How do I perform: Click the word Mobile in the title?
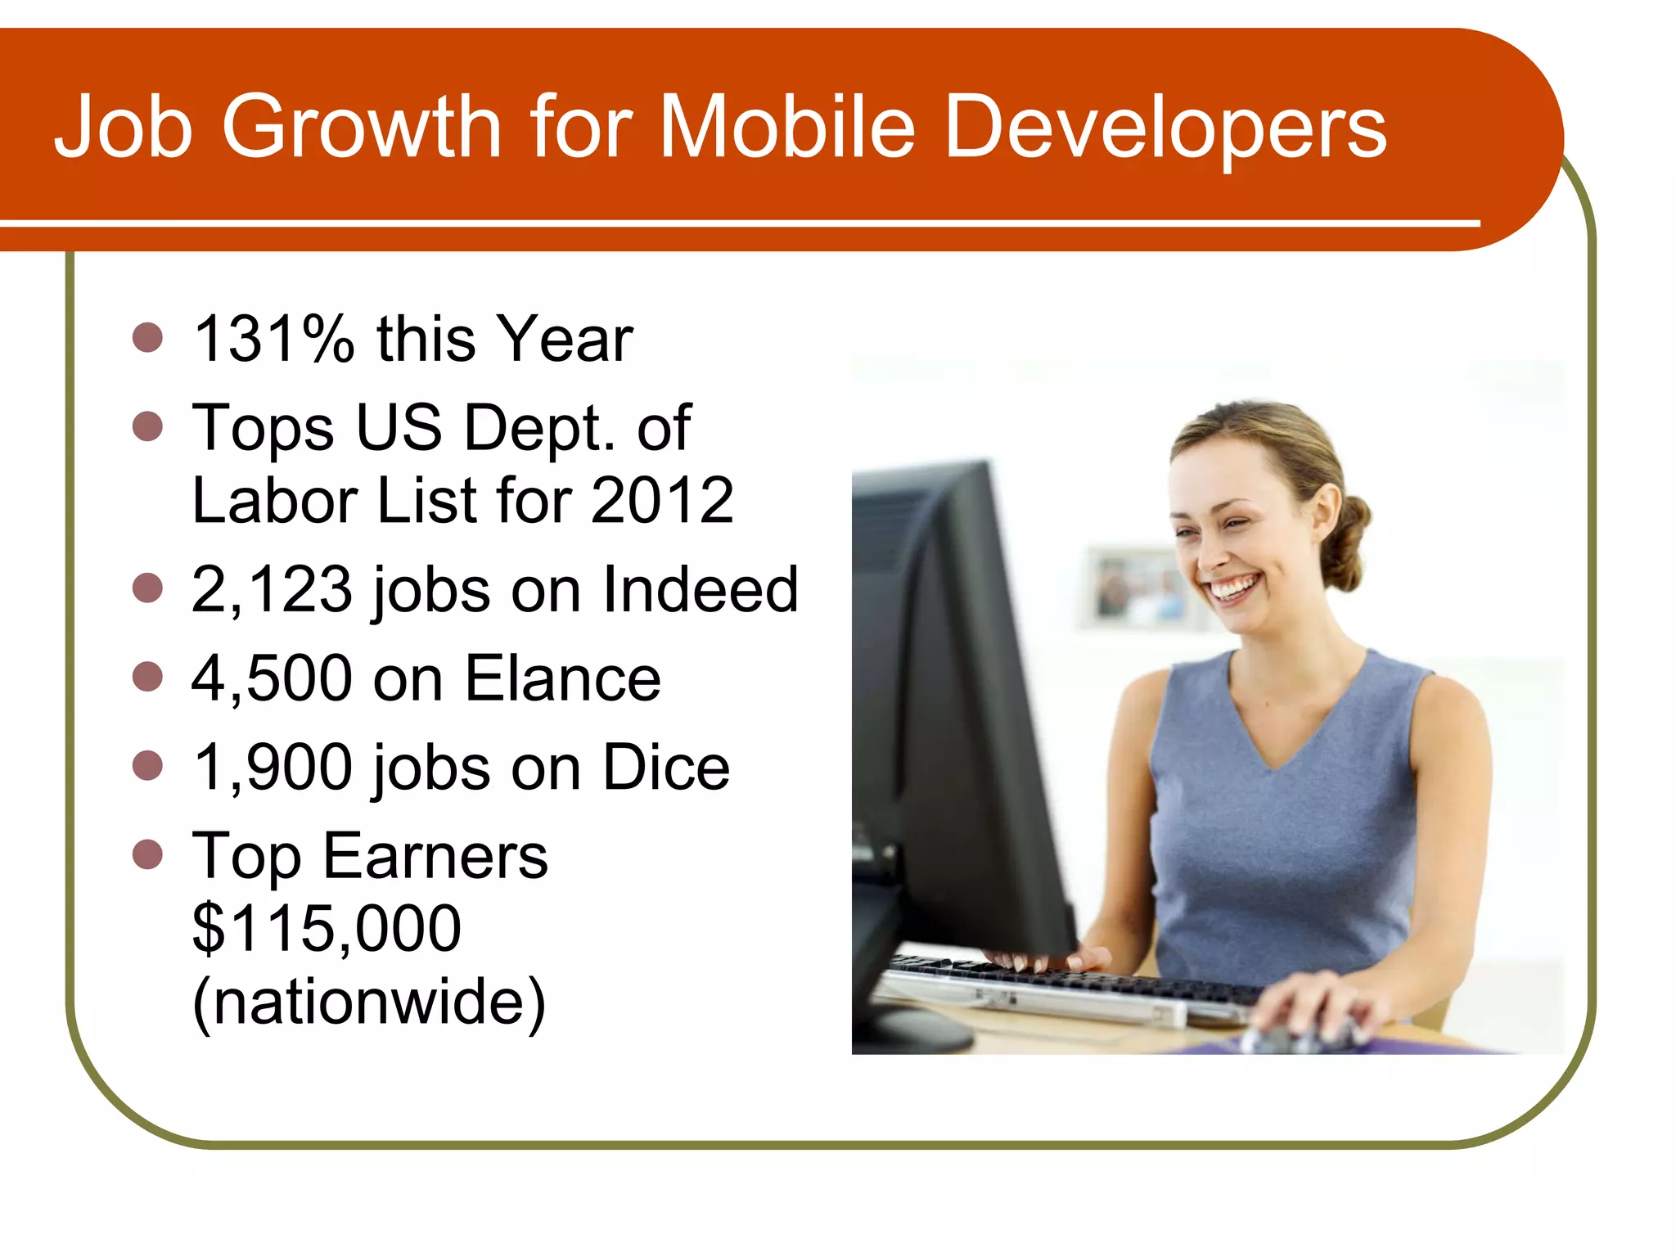click(x=786, y=127)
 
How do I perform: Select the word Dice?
click(x=666, y=767)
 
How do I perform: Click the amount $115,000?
click(x=327, y=928)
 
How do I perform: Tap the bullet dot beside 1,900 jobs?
click(x=147, y=765)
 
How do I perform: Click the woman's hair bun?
click(x=1350, y=540)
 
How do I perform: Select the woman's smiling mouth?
click(x=1234, y=588)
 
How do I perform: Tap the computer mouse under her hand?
click(x=1293, y=1038)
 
